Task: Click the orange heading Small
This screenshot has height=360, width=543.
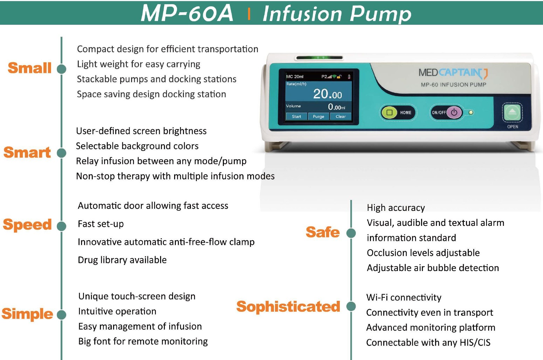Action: pos(29,68)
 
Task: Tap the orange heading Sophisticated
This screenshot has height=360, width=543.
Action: pos(288,307)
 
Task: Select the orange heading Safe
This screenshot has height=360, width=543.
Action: pos(323,232)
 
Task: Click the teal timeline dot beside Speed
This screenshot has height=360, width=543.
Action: pos(61,226)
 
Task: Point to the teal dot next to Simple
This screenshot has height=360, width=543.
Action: pos(61,315)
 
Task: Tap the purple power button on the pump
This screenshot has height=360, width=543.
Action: pos(454,112)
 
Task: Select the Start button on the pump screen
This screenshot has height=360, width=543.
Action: pos(296,117)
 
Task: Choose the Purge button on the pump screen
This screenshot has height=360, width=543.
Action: pos(318,117)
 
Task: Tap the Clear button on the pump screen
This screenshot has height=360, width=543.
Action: pos(341,117)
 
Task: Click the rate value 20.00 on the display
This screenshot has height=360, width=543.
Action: pos(328,94)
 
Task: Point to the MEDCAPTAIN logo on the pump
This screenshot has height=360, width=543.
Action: pos(453,73)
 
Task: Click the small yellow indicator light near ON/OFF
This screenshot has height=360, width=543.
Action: pos(471,112)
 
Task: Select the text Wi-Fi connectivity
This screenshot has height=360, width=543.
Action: pos(404,297)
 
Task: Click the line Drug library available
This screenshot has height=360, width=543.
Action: pos(122,260)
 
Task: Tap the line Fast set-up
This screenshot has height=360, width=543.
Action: pos(101,224)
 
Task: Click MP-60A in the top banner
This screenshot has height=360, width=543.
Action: pos(187,13)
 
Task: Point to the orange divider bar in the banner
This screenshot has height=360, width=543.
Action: pos(249,14)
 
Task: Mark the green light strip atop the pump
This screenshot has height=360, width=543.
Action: pos(319,58)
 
